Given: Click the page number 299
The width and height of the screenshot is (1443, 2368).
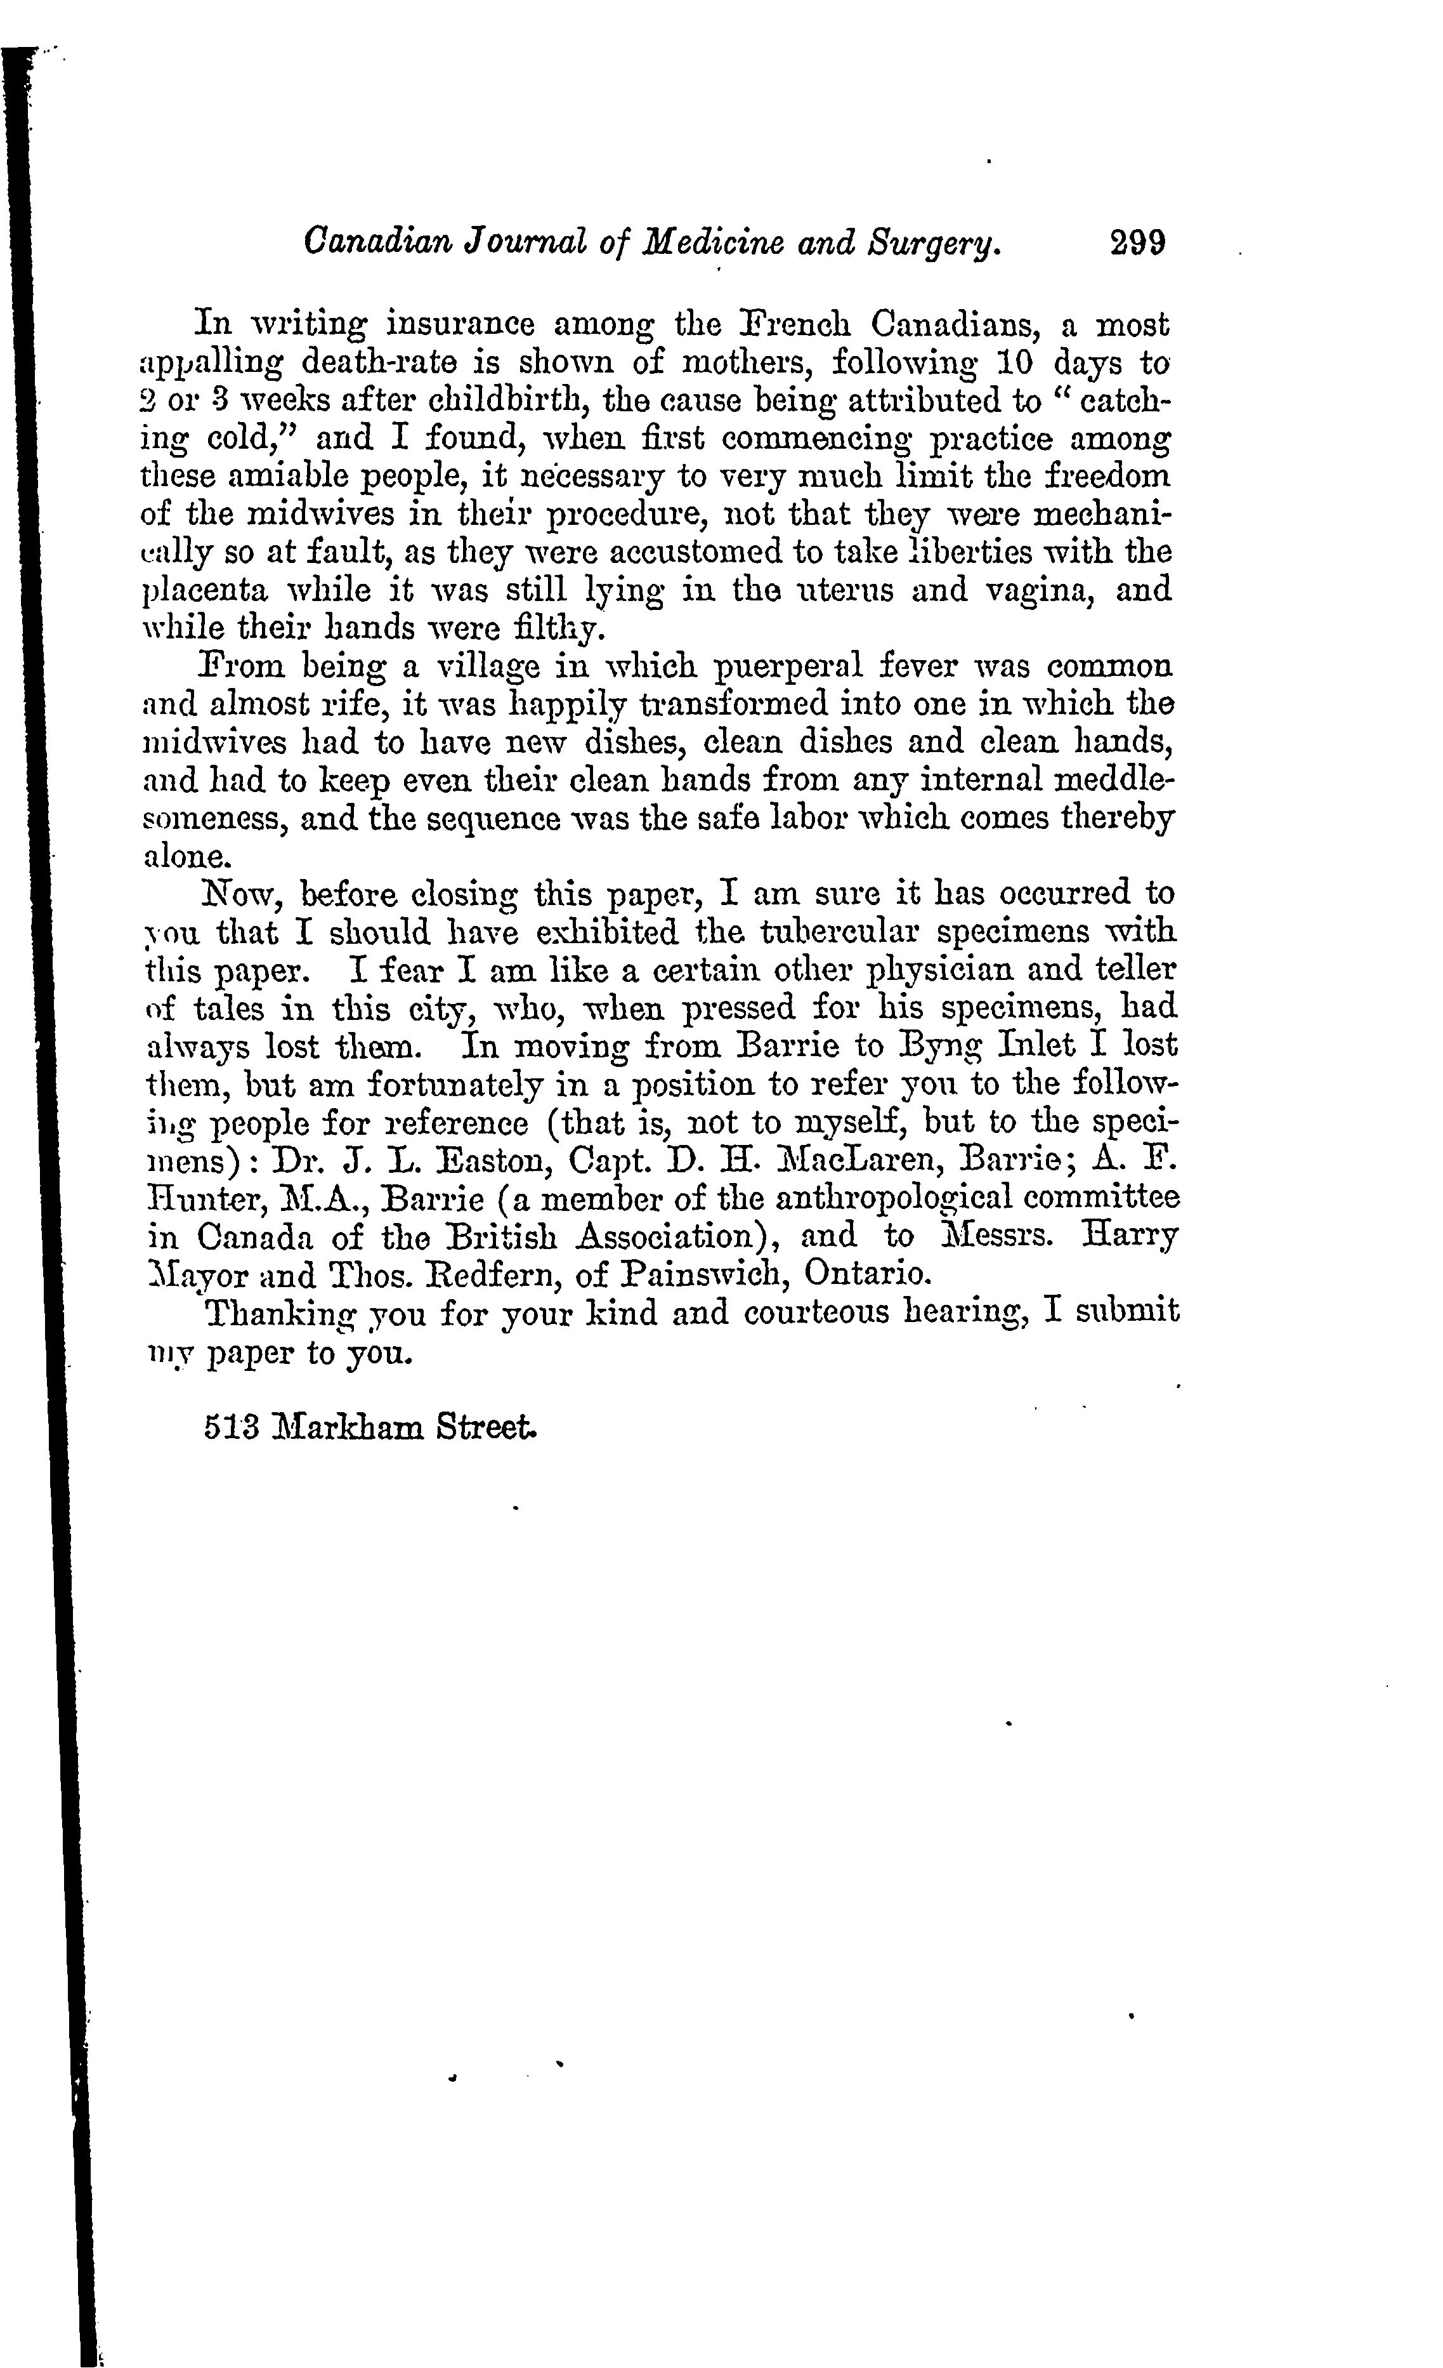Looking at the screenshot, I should [x=1137, y=241].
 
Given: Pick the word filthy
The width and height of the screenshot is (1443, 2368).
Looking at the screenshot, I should [x=571, y=628].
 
